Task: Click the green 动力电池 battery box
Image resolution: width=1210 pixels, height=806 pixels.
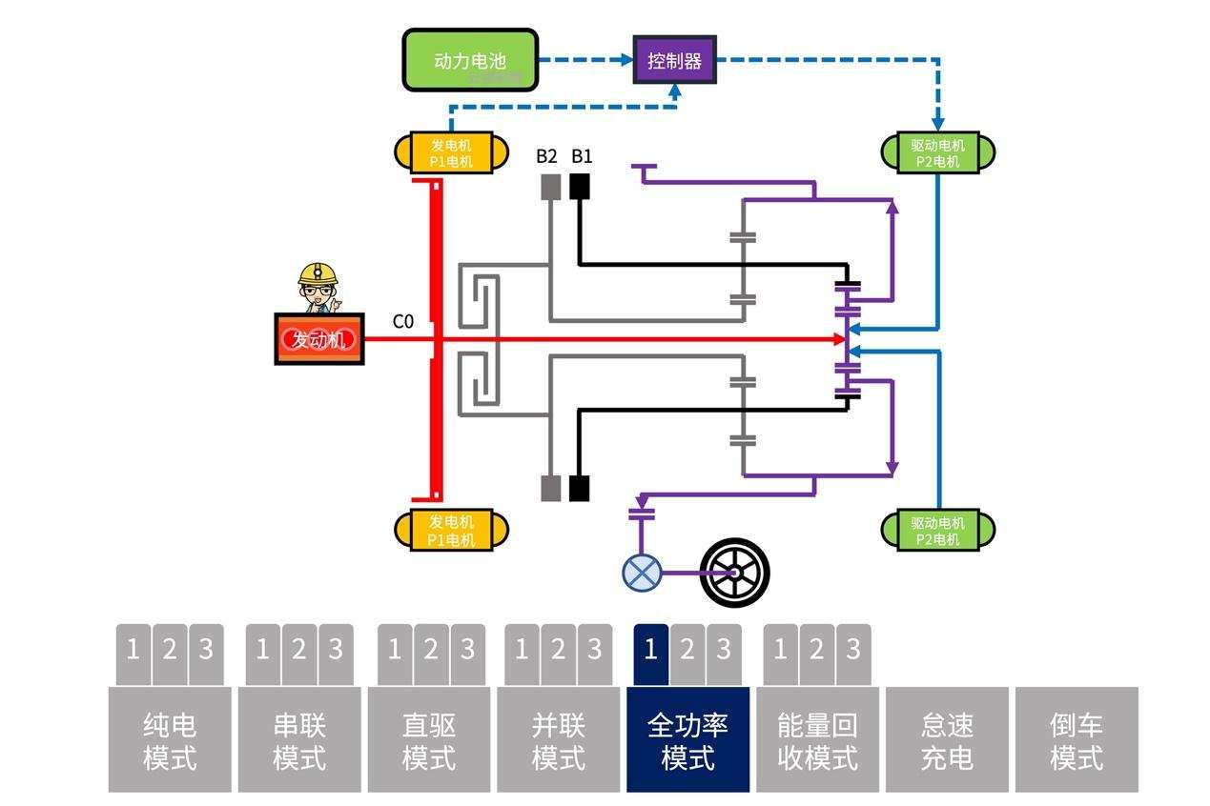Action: point(468,60)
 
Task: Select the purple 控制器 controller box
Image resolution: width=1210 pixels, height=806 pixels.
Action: point(674,60)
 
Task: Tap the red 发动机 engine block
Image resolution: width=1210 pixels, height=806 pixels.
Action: point(318,339)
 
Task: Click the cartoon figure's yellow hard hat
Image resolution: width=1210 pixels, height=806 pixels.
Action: point(318,273)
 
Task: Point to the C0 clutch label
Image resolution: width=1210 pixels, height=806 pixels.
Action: point(403,322)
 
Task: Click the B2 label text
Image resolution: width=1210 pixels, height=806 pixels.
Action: point(546,156)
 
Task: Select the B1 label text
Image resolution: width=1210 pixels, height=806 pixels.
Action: point(582,156)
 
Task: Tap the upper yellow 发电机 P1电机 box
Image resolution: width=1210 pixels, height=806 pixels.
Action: point(451,151)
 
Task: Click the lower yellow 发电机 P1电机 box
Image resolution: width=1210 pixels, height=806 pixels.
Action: point(451,530)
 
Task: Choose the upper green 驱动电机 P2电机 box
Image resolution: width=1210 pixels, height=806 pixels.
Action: point(937,151)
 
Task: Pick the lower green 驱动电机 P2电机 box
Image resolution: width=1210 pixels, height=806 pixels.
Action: point(937,530)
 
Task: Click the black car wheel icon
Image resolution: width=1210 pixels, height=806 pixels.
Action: point(734,573)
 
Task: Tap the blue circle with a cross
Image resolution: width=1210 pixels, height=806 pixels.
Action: point(642,573)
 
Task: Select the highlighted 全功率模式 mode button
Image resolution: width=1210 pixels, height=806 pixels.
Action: point(687,740)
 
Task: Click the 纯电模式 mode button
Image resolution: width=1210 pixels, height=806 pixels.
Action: point(170,740)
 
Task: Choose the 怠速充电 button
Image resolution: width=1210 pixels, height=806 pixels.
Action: point(947,740)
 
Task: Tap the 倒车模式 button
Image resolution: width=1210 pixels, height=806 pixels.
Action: point(1077,740)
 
